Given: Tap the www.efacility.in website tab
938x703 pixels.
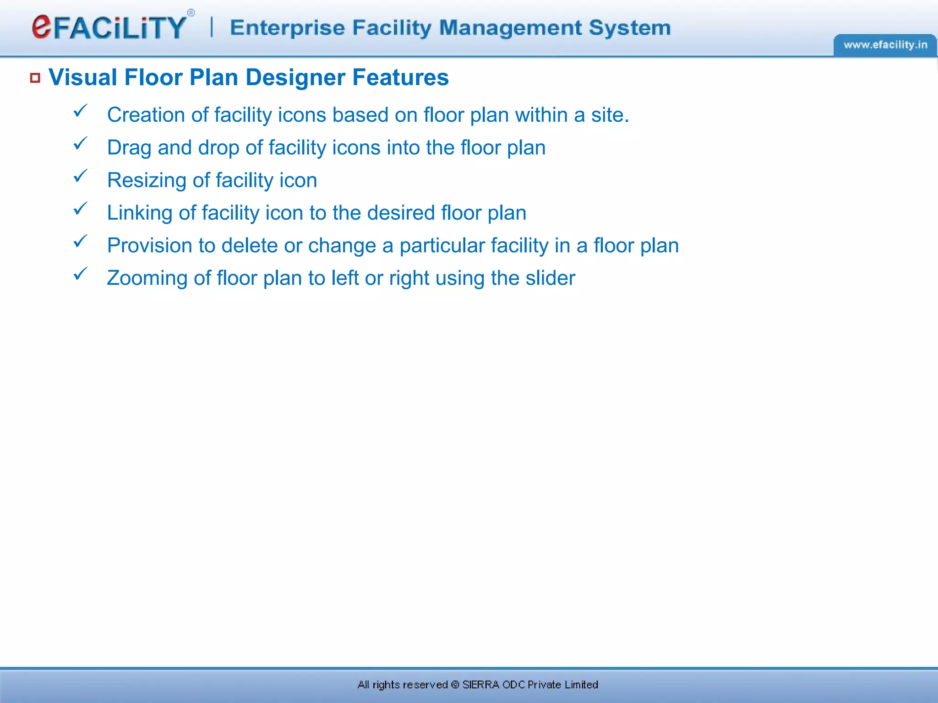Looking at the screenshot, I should (885, 45).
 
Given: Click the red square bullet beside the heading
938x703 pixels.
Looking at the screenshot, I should (35, 78).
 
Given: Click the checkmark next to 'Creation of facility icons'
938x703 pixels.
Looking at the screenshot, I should (80, 111).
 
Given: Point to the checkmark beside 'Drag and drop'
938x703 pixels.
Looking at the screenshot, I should (80, 144).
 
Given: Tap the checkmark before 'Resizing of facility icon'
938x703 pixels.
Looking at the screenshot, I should (80, 176).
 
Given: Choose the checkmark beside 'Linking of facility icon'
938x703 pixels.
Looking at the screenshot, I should (80, 209).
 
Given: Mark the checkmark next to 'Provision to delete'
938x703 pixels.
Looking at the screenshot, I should (80, 241).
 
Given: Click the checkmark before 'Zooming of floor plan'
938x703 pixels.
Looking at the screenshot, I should (80, 274).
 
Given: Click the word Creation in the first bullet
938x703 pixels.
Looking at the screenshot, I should (146, 115).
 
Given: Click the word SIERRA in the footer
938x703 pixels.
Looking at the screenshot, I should (480, 685).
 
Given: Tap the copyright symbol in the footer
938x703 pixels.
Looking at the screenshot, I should (455, 685).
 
